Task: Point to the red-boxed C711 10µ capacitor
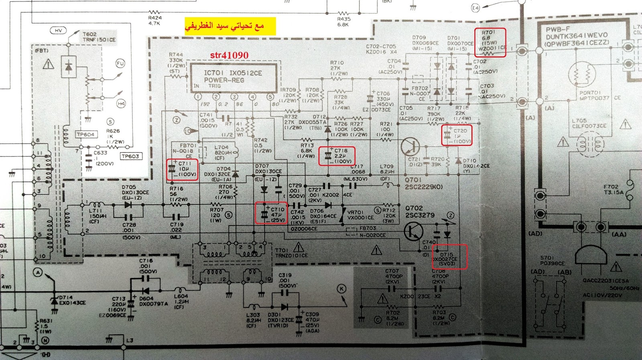coord(183,169)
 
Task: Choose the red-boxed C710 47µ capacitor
coord(271,213)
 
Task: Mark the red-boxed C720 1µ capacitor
coord(457,135)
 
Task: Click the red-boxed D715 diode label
coord(449,257)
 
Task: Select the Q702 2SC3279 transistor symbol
coord(414,231)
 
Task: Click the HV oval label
coord(59,31)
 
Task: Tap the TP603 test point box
coord(130,157)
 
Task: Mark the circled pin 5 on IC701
coord(270,97)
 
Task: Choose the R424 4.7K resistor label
coord(155,20)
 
